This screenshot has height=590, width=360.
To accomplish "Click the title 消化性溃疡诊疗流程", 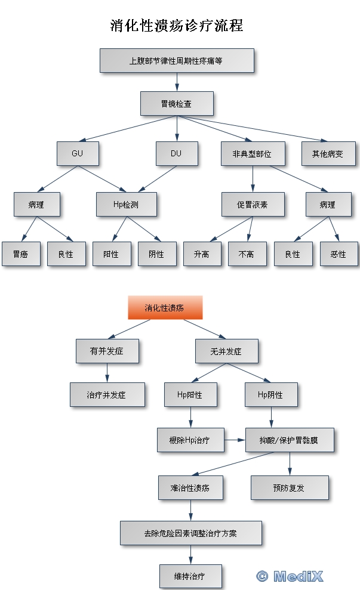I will click(x=177, y=26).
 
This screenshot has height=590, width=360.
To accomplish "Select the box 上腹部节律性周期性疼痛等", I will click(x=177, y=60).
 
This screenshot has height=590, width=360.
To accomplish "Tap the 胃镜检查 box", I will click(x=177, y=103).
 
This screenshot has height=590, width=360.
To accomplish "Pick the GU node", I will click(x=78, y=153).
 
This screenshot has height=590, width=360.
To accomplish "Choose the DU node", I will click(x=176, y=153).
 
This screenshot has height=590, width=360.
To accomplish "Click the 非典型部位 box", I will click(x=252, y=153).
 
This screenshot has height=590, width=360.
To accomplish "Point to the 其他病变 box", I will click(x=328, y=153).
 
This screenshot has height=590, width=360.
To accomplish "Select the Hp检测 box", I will click(x=126, y=204).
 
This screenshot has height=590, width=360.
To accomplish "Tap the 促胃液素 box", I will click(x=253, y=204).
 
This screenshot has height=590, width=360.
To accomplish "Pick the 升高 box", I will click(x=202, y=254).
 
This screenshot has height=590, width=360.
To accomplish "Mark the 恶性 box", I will click(x=339, y=254).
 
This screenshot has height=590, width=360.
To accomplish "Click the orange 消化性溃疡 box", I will click(x=165, y=308).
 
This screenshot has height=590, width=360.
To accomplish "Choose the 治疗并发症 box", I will click(x=107, y=394).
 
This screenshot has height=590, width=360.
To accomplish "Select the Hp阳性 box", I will click(x=190, y=394).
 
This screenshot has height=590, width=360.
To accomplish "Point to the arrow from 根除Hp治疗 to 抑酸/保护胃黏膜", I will click(x=235, y=440).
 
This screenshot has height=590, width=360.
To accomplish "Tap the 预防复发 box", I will click(x=290, y=487).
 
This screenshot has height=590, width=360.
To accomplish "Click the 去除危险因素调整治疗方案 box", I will click(x=190, y=533).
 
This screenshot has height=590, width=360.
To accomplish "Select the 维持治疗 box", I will click(x=190, y=576).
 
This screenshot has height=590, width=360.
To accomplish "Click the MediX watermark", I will click(x=290, y=576).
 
